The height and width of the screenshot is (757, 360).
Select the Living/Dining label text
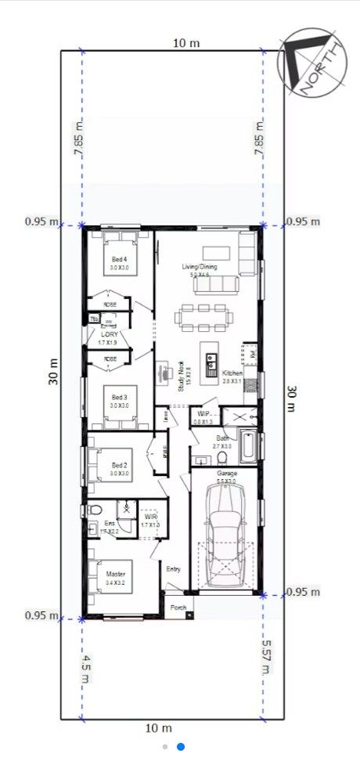200,268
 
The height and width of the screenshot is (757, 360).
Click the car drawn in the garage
225,533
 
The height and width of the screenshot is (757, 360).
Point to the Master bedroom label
116,574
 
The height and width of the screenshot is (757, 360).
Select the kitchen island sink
211,362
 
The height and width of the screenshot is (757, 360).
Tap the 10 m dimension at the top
182,42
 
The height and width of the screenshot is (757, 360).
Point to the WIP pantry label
202,413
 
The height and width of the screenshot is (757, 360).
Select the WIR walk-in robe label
150,517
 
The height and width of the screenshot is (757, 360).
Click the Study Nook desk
165,371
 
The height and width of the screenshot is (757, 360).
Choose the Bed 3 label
118,397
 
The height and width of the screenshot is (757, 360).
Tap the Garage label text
227,474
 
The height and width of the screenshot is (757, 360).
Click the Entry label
174,569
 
